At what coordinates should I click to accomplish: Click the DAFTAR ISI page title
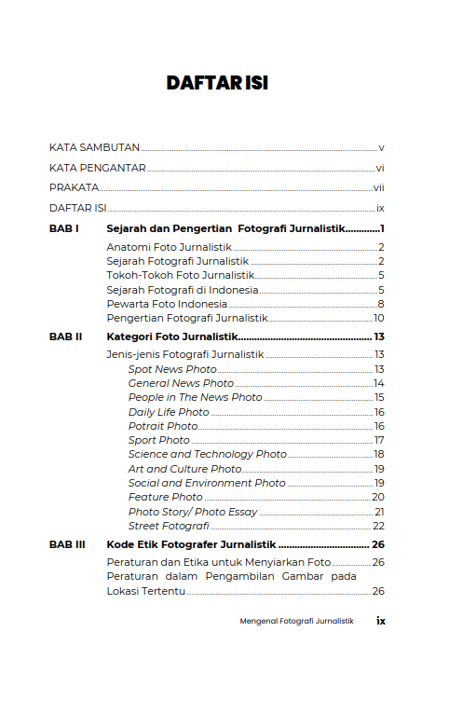click(x=217, y=83)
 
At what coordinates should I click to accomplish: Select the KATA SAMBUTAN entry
click(x=94, y=147)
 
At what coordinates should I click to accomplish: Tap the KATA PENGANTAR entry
click(x=97, y=169)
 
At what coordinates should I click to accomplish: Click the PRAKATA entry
click(x=74, y=188)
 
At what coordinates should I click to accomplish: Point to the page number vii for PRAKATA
click(x=379, y=188)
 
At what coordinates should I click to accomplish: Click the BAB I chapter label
click(x=63, y=228)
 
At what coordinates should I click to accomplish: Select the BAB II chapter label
click(x=65, y=336)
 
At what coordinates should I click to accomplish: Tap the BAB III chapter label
click(x=67, y=544)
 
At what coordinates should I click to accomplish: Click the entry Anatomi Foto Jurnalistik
click(x=169, y=247)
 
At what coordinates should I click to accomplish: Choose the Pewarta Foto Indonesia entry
click(x=167, y=304)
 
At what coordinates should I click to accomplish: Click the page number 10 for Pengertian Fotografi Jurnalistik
click(x=379, y=319)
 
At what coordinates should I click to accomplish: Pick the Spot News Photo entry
click(x=172, y=370)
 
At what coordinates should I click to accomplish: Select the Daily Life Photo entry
click(x=169, y=412)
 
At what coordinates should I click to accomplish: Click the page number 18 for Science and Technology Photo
click(x=379, y=454)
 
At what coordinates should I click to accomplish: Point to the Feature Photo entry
click(x=165, y=498)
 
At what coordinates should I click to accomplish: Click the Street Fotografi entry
click(x=169, y=527)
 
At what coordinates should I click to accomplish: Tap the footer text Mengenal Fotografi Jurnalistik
click(x=297, y=621)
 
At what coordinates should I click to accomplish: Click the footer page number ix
click(x=380, y=620)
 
